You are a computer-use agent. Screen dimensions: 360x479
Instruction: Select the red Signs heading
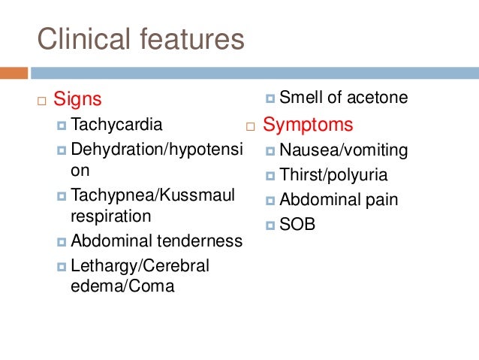77,99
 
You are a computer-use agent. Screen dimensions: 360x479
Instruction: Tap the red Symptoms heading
308,124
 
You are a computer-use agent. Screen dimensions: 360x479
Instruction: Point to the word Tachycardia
116,124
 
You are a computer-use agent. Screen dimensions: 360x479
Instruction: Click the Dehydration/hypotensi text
157,150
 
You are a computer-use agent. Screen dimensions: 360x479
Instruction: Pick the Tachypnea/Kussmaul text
153,195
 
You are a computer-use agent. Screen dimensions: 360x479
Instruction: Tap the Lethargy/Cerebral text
140,266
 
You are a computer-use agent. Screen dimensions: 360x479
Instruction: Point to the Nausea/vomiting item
344,150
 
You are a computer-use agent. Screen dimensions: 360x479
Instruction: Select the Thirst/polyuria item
333,176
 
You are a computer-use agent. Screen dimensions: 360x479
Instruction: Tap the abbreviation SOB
297,225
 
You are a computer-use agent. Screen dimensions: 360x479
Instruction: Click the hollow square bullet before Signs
41,100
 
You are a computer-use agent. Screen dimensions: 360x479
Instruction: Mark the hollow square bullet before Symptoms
251,125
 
